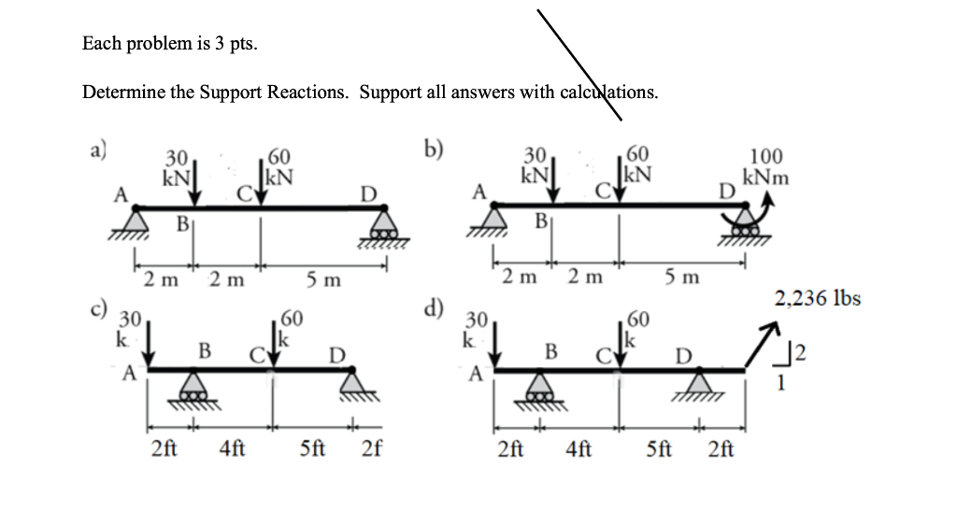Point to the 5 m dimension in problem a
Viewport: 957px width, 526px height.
[324, 278]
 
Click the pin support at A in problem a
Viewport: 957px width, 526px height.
[137, 221]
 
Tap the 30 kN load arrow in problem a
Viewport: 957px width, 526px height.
[193, 184]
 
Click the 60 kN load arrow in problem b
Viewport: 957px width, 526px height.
[618, 184]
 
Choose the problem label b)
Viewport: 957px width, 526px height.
[433, 149]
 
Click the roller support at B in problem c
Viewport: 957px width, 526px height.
[193, 387]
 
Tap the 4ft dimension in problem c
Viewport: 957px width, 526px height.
[232, 448]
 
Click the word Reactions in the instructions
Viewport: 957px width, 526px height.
[309, 92]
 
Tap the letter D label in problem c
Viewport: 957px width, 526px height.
[337, 354]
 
